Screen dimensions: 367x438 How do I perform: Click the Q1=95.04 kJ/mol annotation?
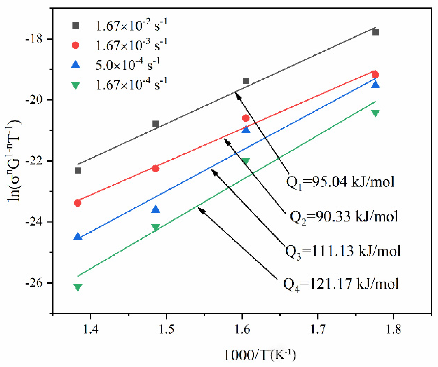point(340,182)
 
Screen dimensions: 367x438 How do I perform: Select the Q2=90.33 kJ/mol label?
point(344,216)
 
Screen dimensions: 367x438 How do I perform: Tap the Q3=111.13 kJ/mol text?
point(343,251)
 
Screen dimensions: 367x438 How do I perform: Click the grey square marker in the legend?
point(76,26)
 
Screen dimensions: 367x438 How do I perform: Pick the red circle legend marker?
point(76,45)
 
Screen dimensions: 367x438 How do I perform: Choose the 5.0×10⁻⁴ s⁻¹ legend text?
point(127,65)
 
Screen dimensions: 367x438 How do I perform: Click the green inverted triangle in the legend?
point(76,85)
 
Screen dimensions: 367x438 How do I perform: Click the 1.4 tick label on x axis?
point(90,329)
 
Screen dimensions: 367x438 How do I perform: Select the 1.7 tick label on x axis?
point(318,329)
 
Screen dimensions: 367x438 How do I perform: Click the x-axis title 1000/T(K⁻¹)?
point(260,355)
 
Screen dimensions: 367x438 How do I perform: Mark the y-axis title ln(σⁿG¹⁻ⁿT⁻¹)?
point(13,161)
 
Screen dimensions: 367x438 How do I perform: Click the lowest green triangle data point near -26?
point(78,287)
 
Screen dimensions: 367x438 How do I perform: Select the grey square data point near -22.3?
point(78,170)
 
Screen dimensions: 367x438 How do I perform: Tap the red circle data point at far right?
point(375,75)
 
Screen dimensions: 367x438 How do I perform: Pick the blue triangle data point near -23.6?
point(156,209)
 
